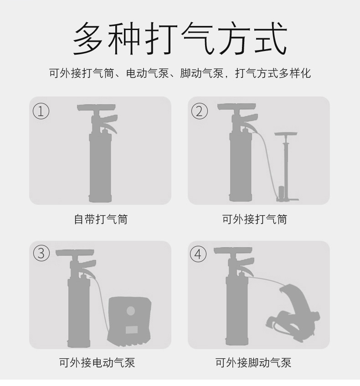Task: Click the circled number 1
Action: click(x=41, y=111)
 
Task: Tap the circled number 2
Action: click(x=199, y=111)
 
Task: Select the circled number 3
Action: click(x=41, y=254)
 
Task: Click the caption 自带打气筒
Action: click(x=101, y=219)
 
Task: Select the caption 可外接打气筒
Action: click(x=255, y=219)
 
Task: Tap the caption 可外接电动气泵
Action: click(x=97, y=363)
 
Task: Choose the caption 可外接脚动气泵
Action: click(x=253, y=363)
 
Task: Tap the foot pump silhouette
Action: click(x=294, y=310)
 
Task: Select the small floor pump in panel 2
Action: click(x=286, y=168)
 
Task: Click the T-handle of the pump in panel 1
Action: click(x=96, y=108)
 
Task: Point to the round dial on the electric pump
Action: click(x=131, y=312)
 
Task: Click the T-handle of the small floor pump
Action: click(x=286, y=134)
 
